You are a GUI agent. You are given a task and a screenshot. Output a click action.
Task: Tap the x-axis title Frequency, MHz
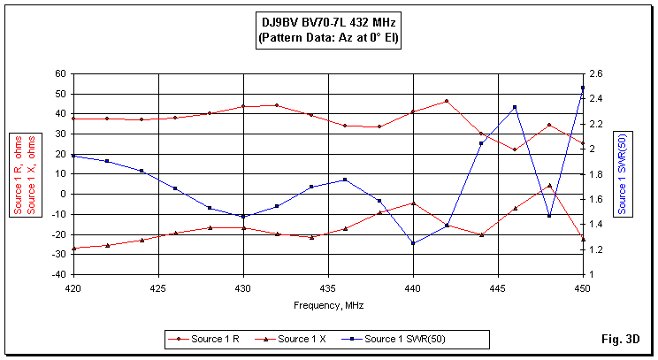tap(328, 304)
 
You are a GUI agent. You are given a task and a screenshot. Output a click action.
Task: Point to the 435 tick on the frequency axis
tap(328, 288)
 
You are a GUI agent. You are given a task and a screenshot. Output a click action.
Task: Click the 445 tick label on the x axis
tap(498, 288)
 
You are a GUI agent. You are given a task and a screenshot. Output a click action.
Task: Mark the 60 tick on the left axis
tap(60, 73)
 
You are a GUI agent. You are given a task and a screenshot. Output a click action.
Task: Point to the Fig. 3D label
tap(621, 340)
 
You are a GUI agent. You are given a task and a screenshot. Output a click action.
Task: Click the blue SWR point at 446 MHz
tap(515, 108)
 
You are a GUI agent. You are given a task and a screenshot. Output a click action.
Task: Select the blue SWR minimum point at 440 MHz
tap(413, 243)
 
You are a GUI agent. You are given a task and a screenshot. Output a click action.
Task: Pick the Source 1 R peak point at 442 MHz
tap(447, 101)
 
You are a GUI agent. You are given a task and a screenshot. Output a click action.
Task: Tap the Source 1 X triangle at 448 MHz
tap(549, 186)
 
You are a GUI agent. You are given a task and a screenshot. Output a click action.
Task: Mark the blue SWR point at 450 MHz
tap(583, 88)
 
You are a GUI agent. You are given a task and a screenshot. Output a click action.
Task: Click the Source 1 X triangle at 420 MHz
tap(73, 249)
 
